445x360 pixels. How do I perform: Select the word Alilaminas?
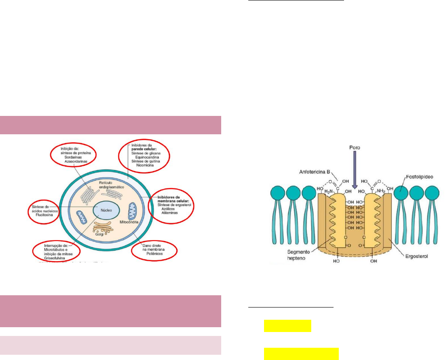172,213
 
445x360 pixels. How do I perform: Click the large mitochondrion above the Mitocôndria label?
132,211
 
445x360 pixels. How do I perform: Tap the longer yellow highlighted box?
301,354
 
